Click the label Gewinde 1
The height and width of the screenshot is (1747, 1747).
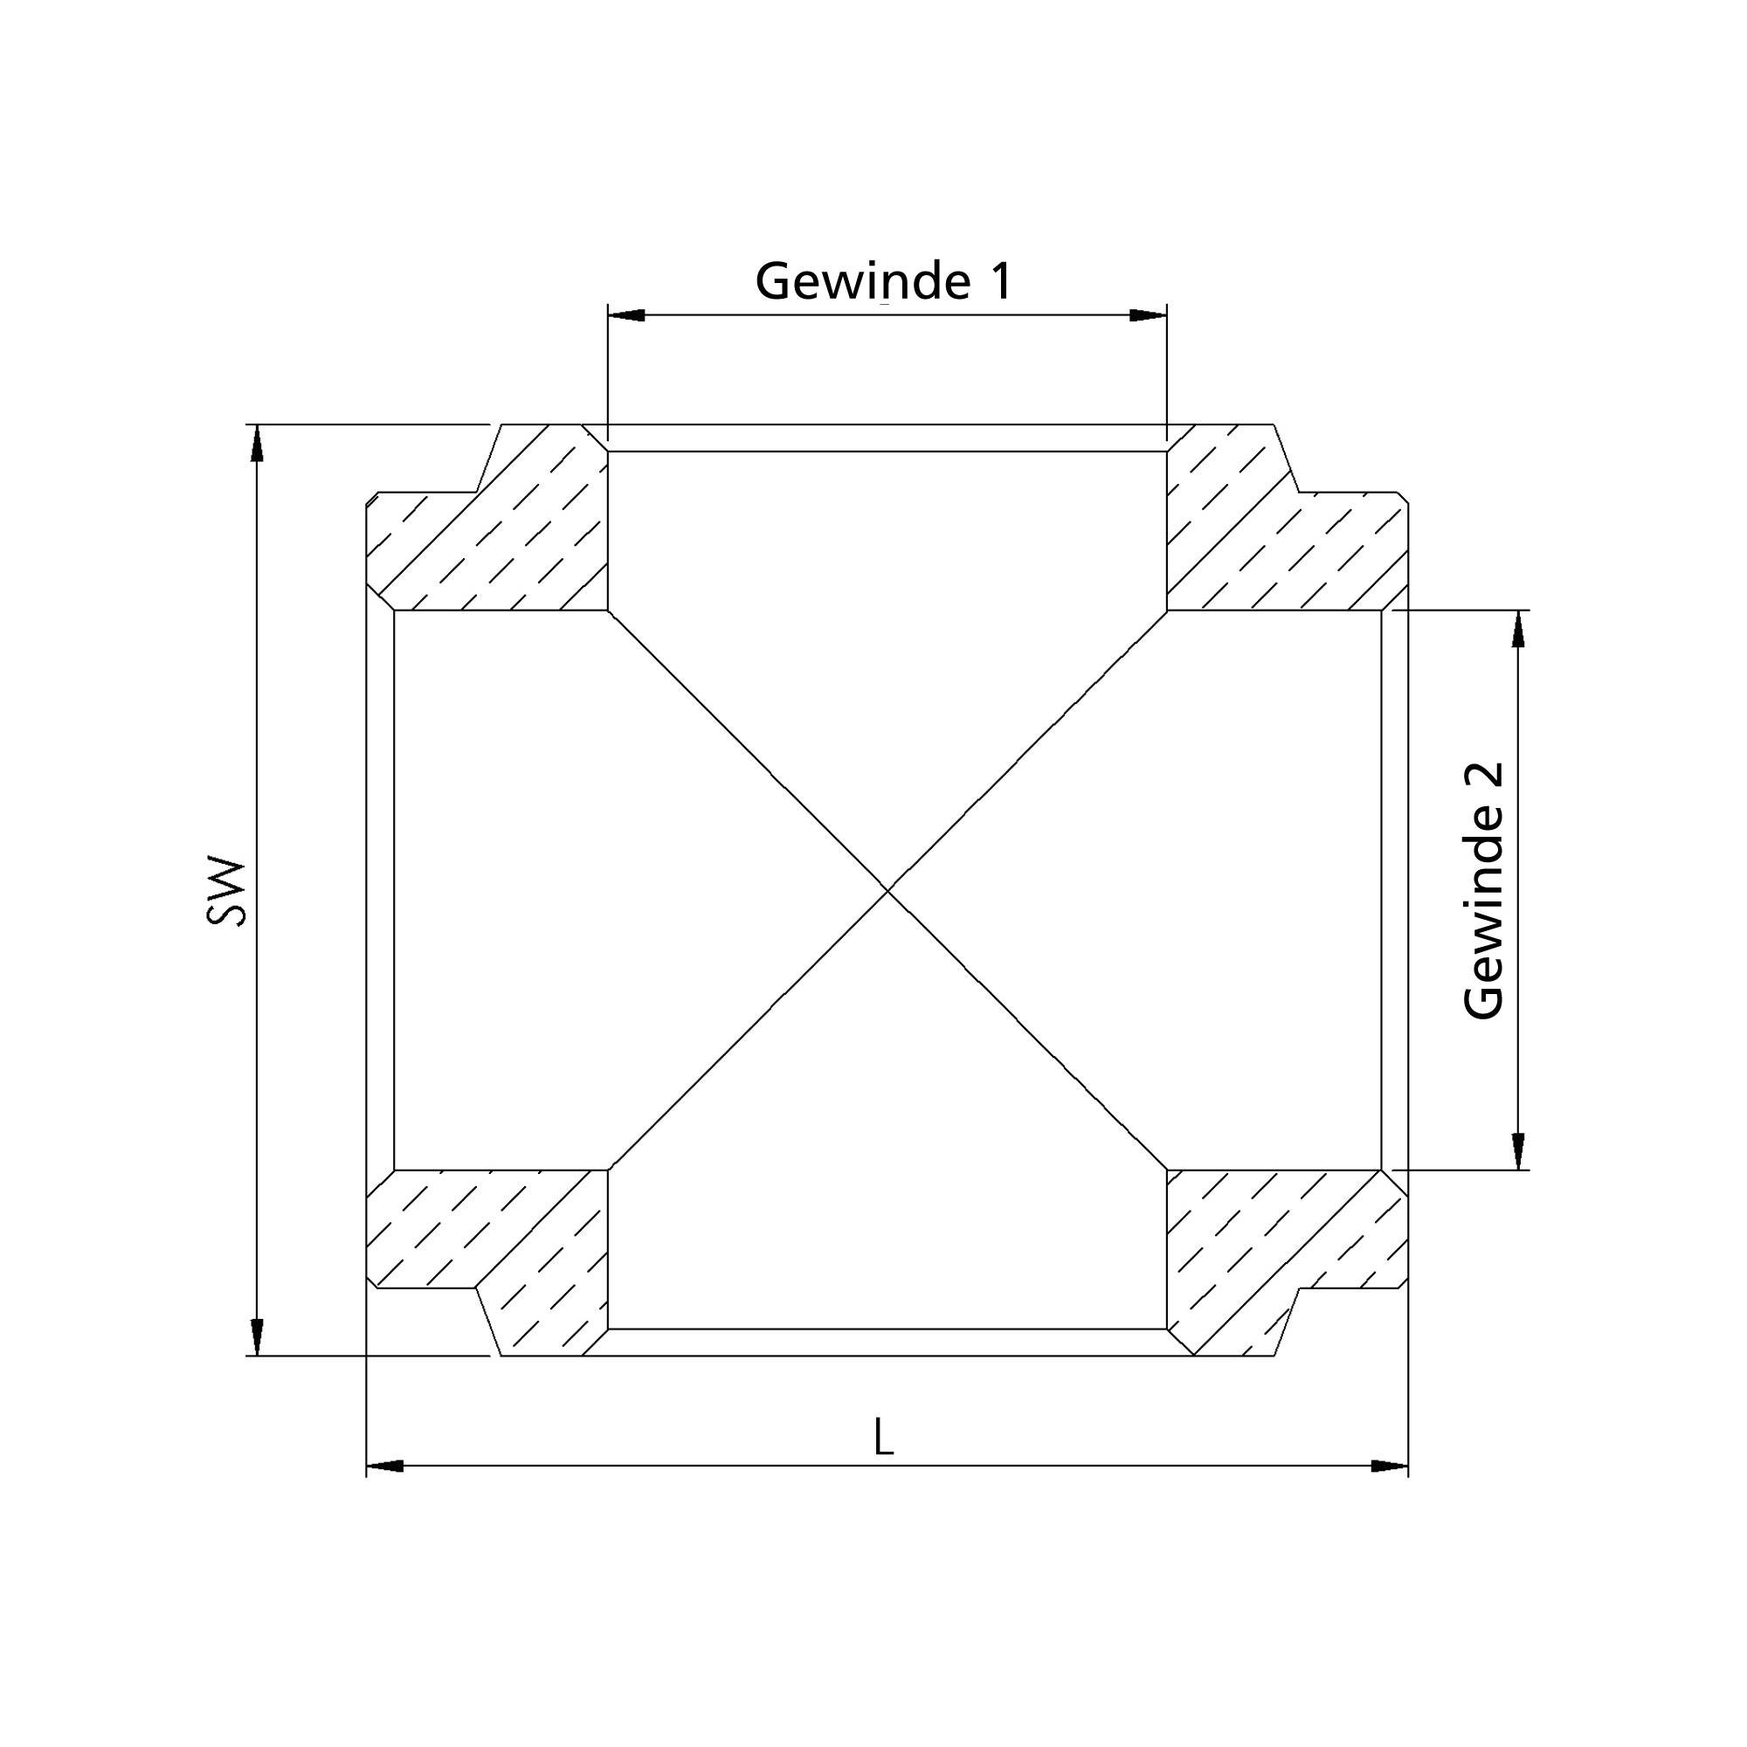(x=883, y=281)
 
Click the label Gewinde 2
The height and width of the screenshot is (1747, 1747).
(x=1484, y=891)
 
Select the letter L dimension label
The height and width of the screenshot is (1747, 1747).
(x=883, y=1437)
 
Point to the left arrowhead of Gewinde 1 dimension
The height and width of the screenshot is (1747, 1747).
(x=625, y=314)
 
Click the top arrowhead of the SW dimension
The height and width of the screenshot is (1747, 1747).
(x=258, y=443)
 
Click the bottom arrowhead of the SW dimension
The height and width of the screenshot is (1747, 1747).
(x=258, y=1337)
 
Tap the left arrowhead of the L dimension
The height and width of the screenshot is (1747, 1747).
(x=384, y=1466)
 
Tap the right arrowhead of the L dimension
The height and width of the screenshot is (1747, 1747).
(x=1390, y=1466)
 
